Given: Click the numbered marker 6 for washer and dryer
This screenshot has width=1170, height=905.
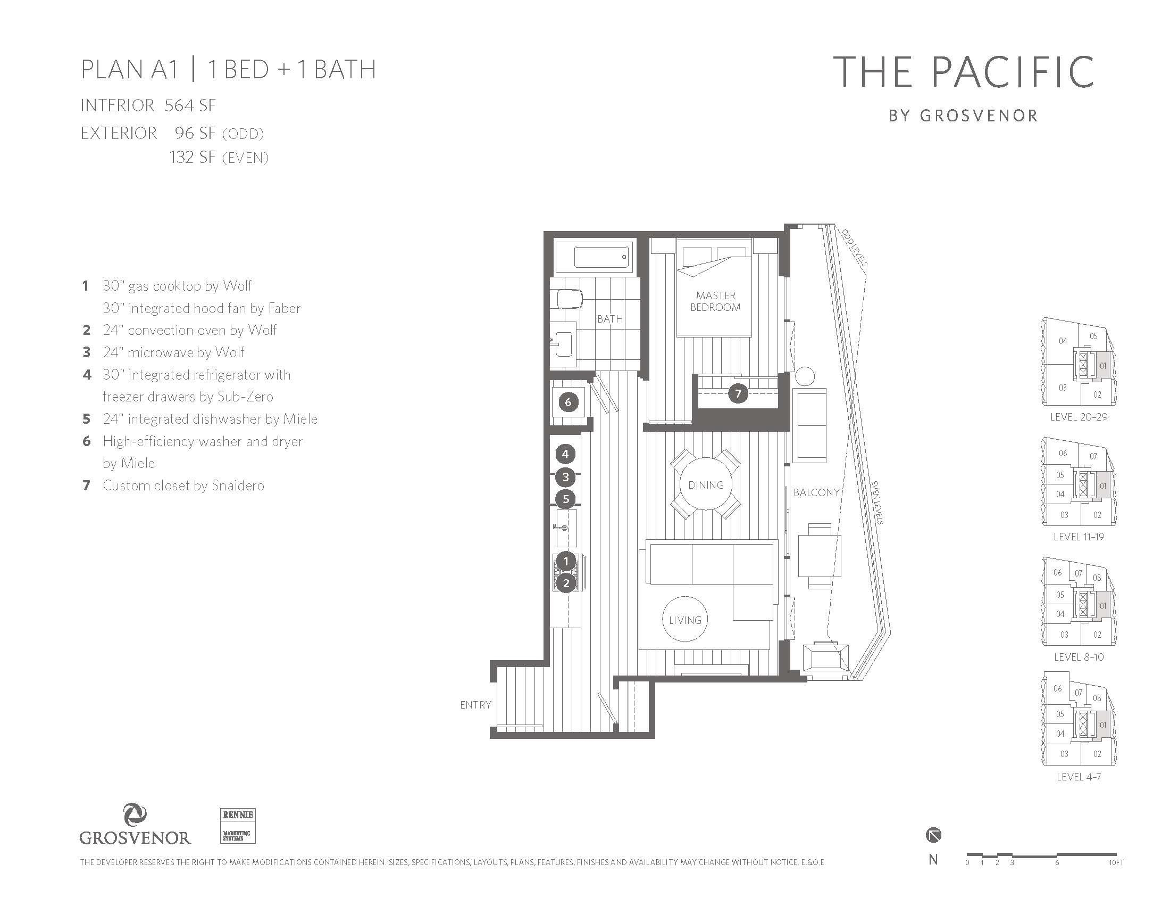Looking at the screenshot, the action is click(569, 401).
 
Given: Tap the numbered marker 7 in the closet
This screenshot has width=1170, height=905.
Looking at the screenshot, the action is click(738, 393).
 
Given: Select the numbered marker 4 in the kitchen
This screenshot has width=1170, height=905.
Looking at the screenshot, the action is click(565, 454).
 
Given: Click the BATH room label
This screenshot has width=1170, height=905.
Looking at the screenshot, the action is click(610, 319).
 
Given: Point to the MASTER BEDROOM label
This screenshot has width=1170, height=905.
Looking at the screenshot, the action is click(716, 301).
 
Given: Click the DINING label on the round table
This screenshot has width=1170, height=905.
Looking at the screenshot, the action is click(706, 484).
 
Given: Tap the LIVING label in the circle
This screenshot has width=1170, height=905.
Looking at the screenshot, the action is click(685, 620).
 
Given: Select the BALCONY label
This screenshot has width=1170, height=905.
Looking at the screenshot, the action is click(816, 492).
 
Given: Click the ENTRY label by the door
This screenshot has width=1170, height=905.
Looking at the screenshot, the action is click(476, 704).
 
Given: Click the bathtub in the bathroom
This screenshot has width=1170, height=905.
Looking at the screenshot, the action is click(594, 257).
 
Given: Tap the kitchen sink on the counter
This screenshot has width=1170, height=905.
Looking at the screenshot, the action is click(566, 528).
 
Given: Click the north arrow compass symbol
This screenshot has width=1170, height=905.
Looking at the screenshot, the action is click(933, 835).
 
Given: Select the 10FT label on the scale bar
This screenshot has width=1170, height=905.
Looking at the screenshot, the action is click(1116, 862).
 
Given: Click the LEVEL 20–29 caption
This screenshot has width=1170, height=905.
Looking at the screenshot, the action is click(1079, 417).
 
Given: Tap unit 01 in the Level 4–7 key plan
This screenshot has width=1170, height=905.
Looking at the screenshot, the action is click(1103, 726).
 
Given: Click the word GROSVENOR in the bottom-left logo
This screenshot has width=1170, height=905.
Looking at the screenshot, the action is click(135, 837).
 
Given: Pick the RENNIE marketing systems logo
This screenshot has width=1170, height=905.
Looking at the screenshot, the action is click(238, 826).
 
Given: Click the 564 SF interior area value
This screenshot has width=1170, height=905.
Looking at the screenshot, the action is click(190, 105).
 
